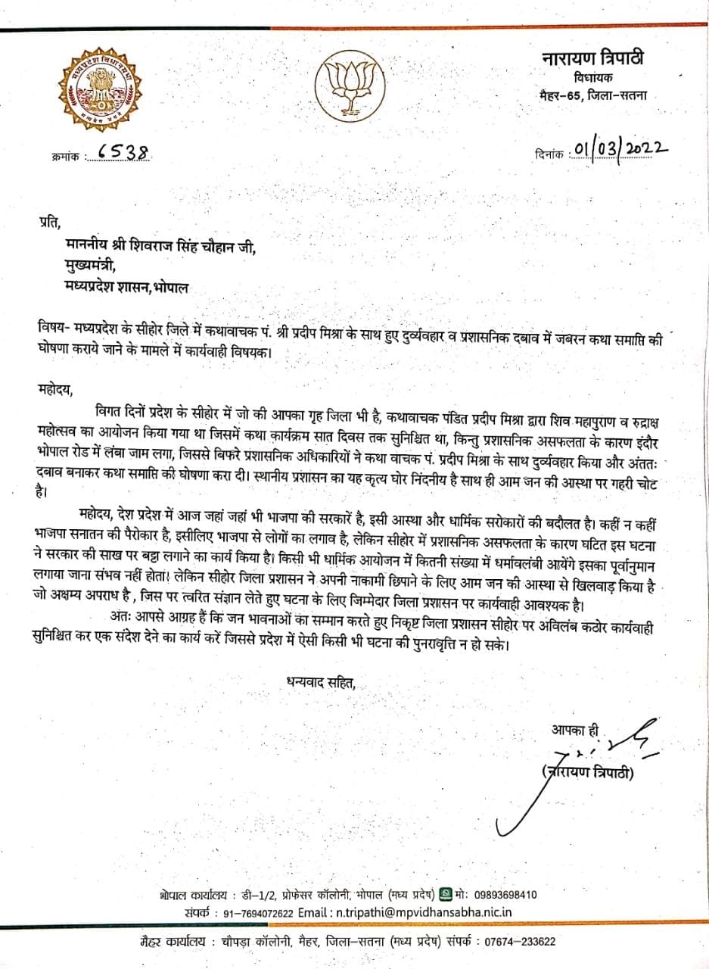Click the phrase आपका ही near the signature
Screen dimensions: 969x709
pyautogui.click(x=574, y=731)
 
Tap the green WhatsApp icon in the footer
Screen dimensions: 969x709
pyautogui.click(x=446, y=894)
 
